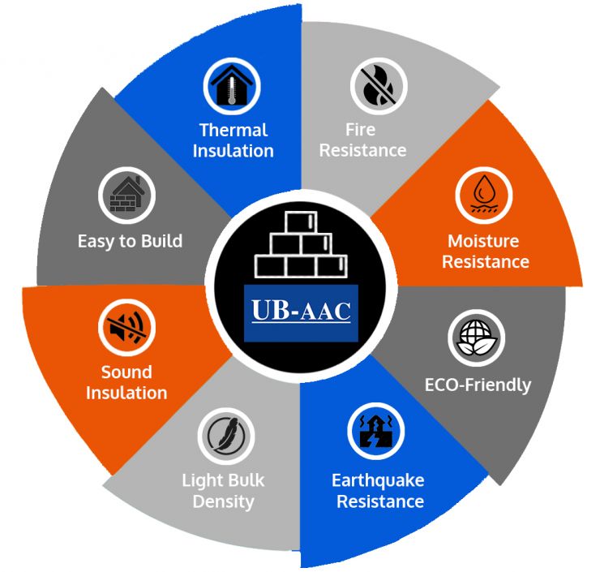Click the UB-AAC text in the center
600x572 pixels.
coord(300,308)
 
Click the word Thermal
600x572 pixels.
coord(234,130)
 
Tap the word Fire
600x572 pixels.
coord(362,130)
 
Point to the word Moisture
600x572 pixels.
coord(483,241)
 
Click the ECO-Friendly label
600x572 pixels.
coord(478,384)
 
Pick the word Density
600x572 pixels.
coord(223,501)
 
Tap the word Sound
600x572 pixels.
coord(126,372)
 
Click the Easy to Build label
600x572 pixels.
coord(130,241)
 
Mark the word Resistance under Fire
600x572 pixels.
coord(362,150)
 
